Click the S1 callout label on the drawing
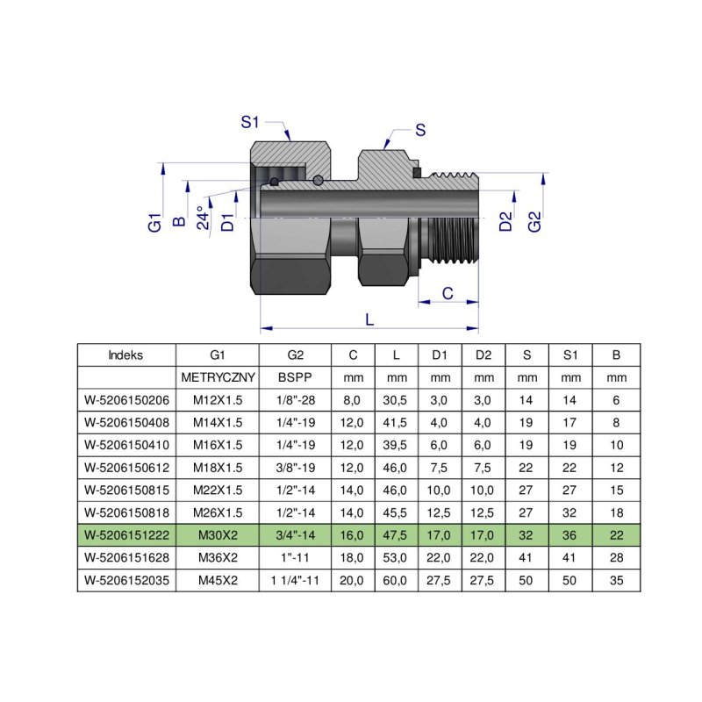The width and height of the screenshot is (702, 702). (251, 123)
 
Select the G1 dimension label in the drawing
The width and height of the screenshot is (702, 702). (154, 221)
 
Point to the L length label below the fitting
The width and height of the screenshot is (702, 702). (369, 320)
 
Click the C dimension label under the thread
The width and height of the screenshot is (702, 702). (447, 293)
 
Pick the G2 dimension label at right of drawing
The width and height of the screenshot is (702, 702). (534, 222)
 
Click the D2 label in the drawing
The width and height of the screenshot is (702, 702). (505, 222)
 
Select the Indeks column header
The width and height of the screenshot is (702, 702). (126, 355)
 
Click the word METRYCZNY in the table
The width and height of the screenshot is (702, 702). (218, 378)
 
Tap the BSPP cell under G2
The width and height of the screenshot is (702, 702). (294, 378)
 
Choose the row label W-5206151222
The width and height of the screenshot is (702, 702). (126, 534)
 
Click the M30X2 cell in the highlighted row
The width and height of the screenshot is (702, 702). (218, 534)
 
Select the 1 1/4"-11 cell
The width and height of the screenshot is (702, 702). (294, 579)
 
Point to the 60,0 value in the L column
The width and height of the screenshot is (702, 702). (397, 579)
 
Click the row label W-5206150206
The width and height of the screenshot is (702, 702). (126, 400)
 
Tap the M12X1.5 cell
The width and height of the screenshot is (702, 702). (218, 400)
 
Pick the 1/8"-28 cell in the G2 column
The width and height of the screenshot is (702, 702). (294, 400)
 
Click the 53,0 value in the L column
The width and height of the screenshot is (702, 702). (397, 557)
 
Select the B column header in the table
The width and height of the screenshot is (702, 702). (616, 355)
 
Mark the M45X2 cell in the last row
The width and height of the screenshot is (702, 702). (218, 579)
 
